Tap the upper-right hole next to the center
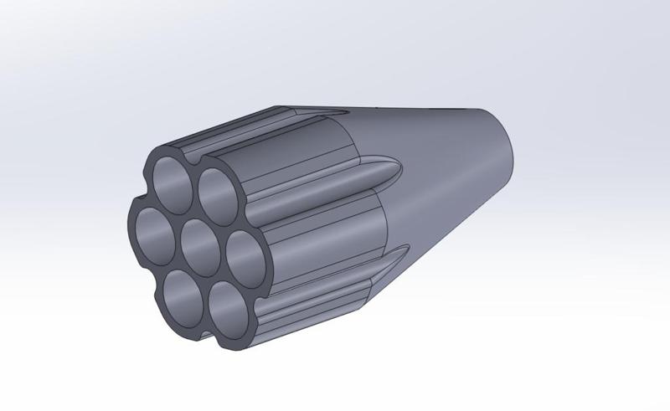coord(217,192)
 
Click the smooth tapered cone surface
coord(452,167)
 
